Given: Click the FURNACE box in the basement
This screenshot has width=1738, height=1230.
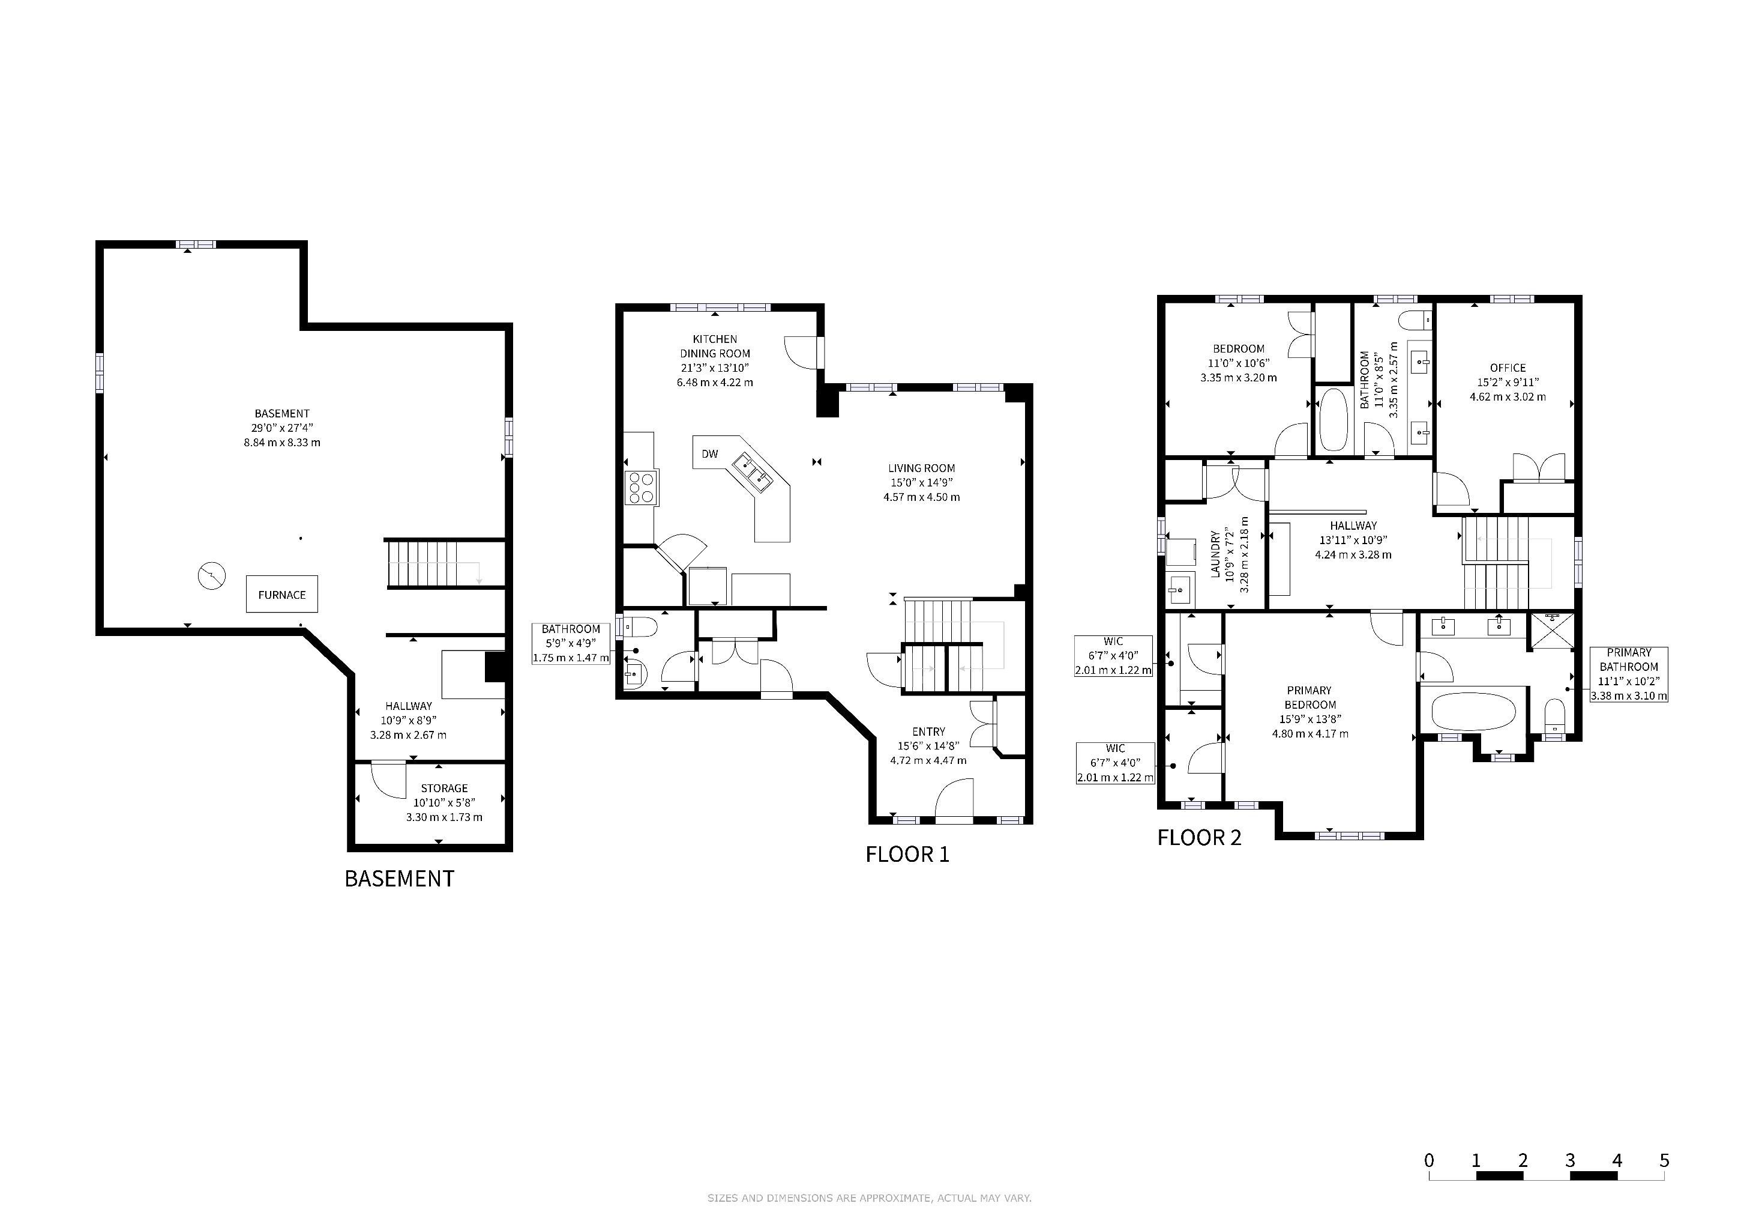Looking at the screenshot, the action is pyautogui.click(x=281, y=595).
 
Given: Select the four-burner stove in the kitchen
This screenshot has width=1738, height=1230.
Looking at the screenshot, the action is pyautogui.click(x=641, y=487).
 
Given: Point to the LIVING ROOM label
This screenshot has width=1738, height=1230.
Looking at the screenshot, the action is pyautogui.click(x=921, y=468).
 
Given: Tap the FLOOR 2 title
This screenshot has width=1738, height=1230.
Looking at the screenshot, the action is pyautogui.click(x=1199, y=838).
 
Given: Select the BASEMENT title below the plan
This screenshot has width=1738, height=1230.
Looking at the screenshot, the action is pyautogui.click(x=399, y=879).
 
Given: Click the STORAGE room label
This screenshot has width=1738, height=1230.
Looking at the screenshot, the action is pyautogui.click(x=444, y=789).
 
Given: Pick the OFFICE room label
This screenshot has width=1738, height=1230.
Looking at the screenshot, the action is pyautogui.click(x=1508, y=368).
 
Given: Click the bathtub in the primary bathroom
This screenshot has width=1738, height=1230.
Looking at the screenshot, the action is pyautogui.click(x=1474, y=712).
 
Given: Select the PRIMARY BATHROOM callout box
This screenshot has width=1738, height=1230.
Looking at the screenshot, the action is pyautogui.click(x=1629, y=674).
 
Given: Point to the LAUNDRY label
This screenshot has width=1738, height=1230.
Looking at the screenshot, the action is pyautogui.click(x=1215, y=554).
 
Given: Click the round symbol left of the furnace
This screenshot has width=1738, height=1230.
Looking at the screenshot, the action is pyautogui.click(x=211, y=577).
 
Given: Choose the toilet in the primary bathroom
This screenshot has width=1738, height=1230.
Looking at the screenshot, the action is pyautogui.click(x=1554, y=716).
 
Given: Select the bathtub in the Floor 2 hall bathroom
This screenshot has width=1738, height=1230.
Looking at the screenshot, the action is pyautogui.click(x=1332, y=420).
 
